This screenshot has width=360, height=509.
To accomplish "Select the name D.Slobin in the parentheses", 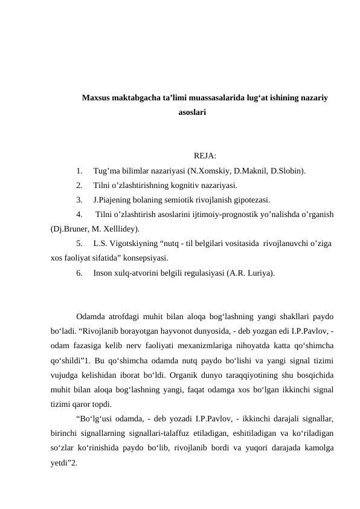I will (286, 170).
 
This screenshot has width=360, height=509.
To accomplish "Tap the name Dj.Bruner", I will (71, 229).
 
